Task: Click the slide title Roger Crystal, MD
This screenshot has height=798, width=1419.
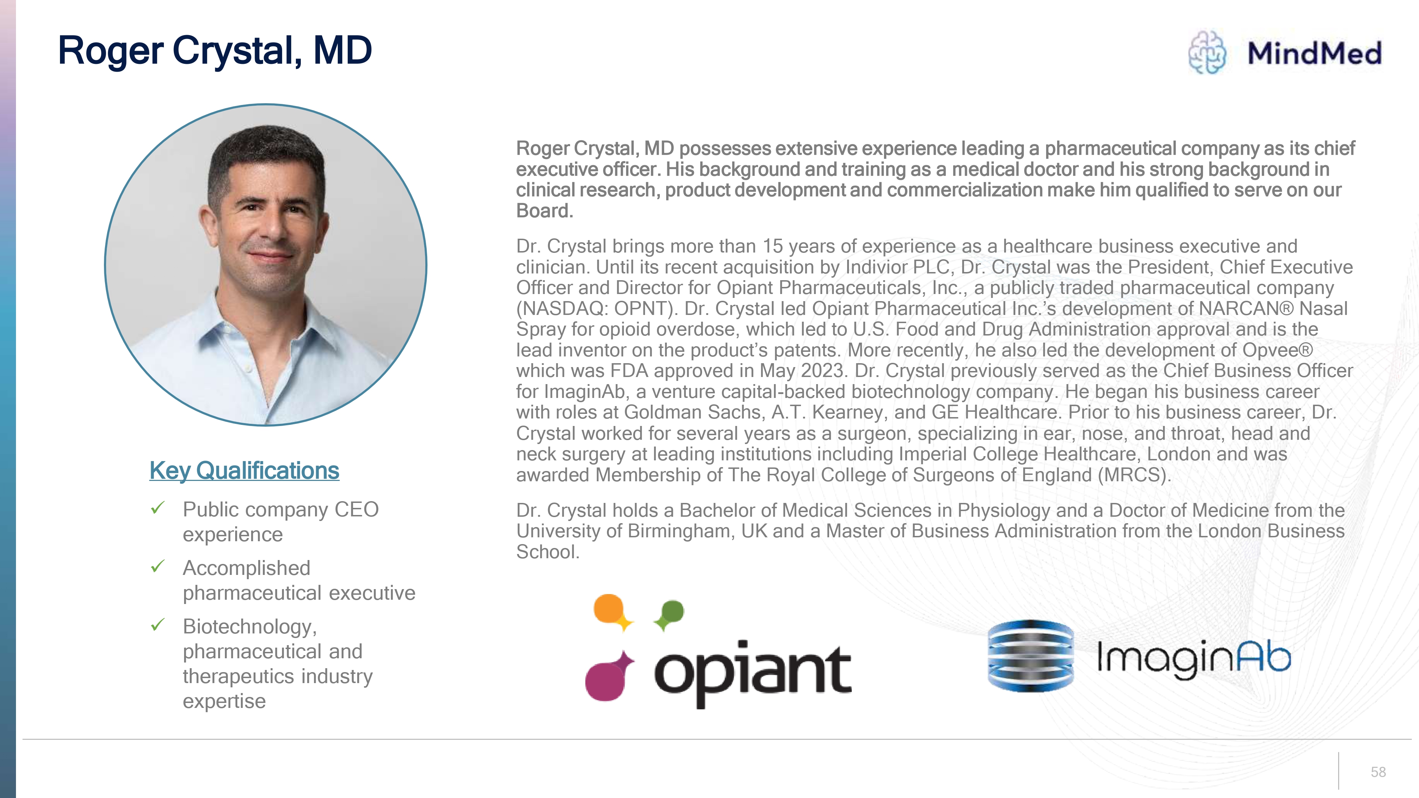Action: (215, 51)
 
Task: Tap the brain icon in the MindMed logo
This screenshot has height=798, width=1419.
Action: (1207, 52)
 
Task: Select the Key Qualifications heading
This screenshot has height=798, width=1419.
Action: (244, 471)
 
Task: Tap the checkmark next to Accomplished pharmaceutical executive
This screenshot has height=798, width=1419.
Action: (158, 566)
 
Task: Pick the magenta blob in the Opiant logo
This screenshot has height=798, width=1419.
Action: (608, 677)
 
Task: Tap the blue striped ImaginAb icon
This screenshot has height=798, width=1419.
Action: (1031, 655)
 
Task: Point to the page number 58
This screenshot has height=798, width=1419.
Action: (1378, 772)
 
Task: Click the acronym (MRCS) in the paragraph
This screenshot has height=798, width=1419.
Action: (1134, 475)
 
